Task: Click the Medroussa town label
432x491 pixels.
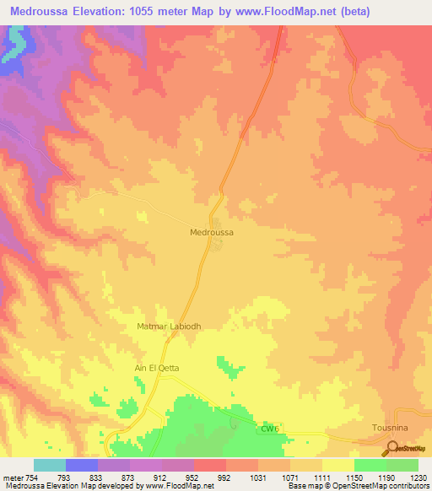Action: click(212, 231)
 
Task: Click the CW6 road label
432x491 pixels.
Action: click(269, 429)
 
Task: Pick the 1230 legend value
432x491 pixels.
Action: click(418, 477)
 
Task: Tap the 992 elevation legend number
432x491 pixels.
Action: click(225, 477)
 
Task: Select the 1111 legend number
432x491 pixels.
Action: click(321, 477)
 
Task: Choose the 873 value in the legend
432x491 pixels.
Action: click(129, 477)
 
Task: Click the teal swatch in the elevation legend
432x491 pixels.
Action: click(50, 465)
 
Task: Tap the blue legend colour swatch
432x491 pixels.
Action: click(82, 465)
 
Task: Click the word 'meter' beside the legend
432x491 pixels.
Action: click(10, 477)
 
